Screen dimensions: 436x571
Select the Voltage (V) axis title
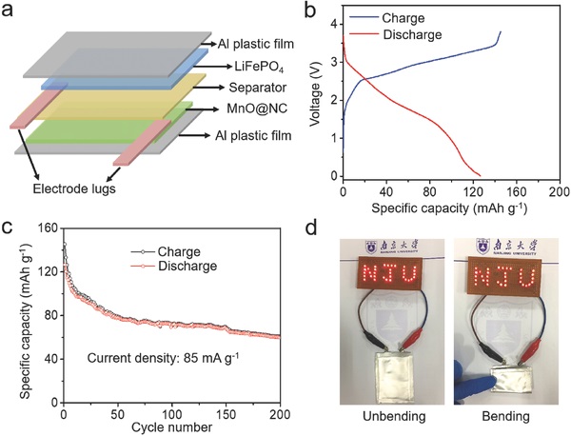[x=312, y=95]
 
